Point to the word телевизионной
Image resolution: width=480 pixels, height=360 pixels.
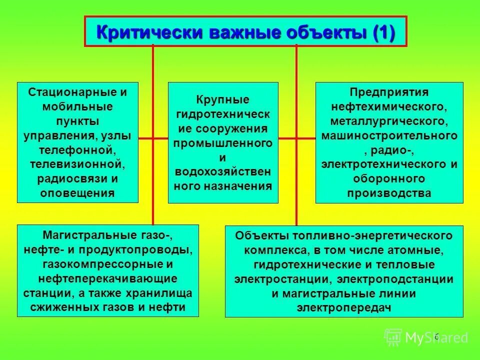(x=77, y=163)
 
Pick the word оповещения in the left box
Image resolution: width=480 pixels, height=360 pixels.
(x=77, y=192)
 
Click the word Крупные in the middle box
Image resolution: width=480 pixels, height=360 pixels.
(x=222, y=100)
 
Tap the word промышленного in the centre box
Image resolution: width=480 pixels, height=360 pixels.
(x=222, y=143)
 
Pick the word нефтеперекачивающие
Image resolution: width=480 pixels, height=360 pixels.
(x=107, y=278)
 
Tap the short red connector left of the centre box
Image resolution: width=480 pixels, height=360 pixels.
(x=153, y=137)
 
